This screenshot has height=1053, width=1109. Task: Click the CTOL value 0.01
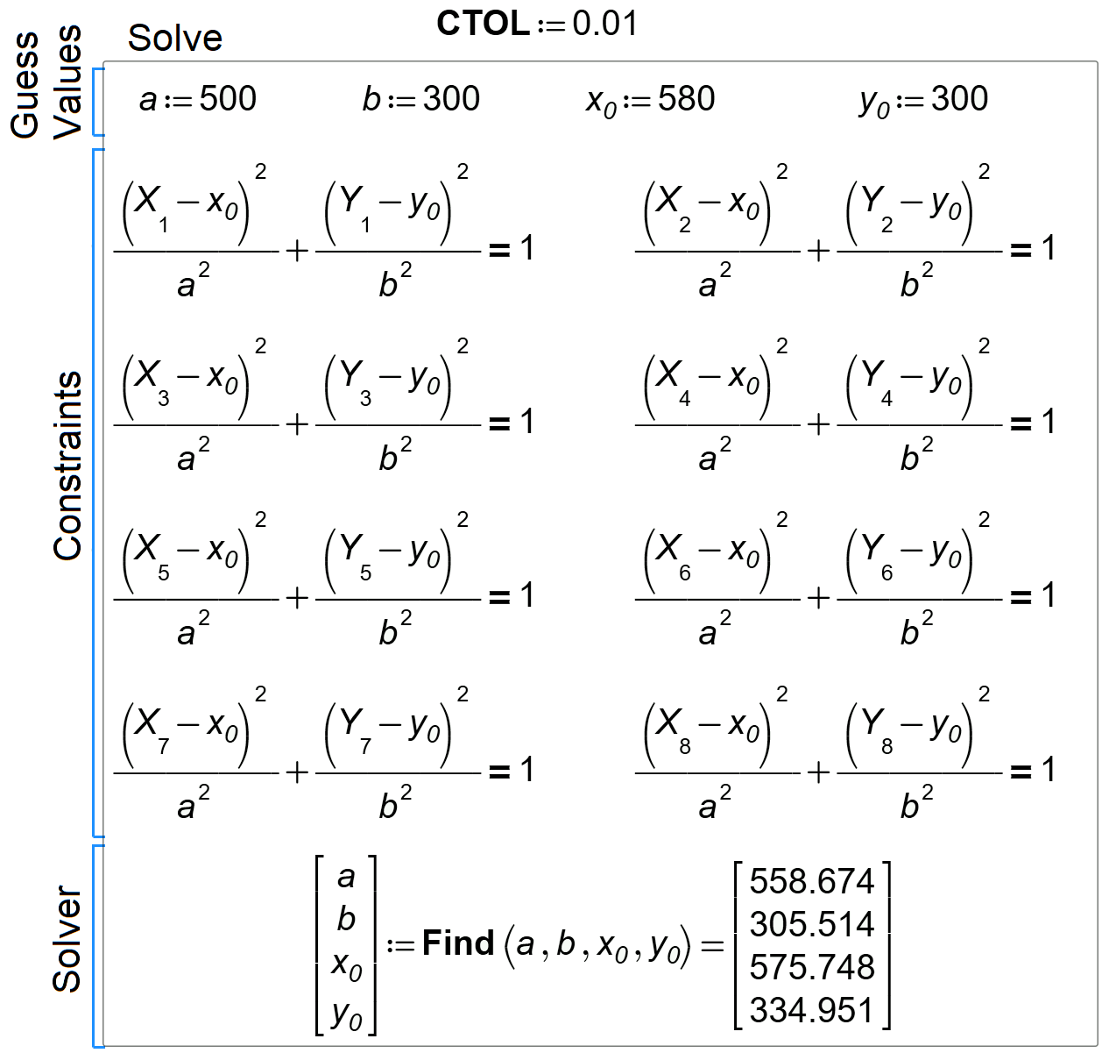click(605, 24)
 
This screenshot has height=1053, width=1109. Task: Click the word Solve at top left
click(175, 39)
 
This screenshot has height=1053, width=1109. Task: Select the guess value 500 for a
click(228, 98)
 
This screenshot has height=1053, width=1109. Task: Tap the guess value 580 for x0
click(687, 98)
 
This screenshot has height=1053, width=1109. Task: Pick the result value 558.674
click(812, 881)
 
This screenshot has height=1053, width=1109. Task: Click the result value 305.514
click(812, 924)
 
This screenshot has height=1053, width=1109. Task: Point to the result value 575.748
click(812, 967)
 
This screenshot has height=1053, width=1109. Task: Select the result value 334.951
click(812, 1010)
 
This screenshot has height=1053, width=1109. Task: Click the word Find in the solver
click(458, 943)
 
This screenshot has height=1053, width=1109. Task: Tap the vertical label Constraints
click(67, 466)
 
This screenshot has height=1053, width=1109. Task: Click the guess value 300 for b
click(451, 98)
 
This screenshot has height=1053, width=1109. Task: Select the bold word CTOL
click(483, 24)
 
